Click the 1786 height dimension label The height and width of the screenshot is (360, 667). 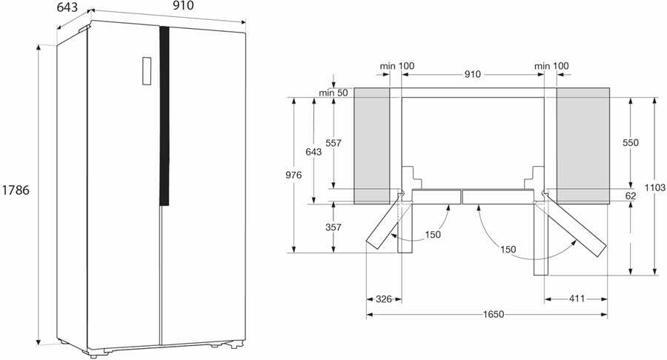click(x=16, y=190)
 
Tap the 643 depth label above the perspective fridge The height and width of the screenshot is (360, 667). click(x=67, y=7)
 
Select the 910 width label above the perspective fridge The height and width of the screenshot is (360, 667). click(x=183, y=5)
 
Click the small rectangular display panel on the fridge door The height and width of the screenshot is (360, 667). click(x=147, y=71)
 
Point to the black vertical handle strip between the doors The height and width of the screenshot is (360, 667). click(x=165, y=116)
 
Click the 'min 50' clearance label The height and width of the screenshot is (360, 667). click(x=333, y=93)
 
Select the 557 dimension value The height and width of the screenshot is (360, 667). click(x=333, y=143)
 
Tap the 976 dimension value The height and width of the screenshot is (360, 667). click(x=293, y=175)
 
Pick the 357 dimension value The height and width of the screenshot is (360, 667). click(x=333, y=227)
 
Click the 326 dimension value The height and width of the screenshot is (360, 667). click(x=384, y=299)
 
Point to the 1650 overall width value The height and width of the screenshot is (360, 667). click(x=494, y=315)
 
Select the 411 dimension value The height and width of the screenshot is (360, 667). click(x=577, y=299)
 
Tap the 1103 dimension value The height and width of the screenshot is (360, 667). click(x=654, y=187)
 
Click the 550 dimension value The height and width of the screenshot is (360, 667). click(x=631, y=143)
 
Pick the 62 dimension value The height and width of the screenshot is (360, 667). click(x=631, y=196)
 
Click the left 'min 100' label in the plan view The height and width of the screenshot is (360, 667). click(x=397, y=66)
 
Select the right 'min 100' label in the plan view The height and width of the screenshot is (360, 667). click(x=551, y=66)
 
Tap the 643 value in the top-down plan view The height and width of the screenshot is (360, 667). click(x=313, y=152)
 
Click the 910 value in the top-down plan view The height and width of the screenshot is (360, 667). click(x=472, y=74)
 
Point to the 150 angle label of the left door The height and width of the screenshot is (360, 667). click(x=433, y=235)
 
